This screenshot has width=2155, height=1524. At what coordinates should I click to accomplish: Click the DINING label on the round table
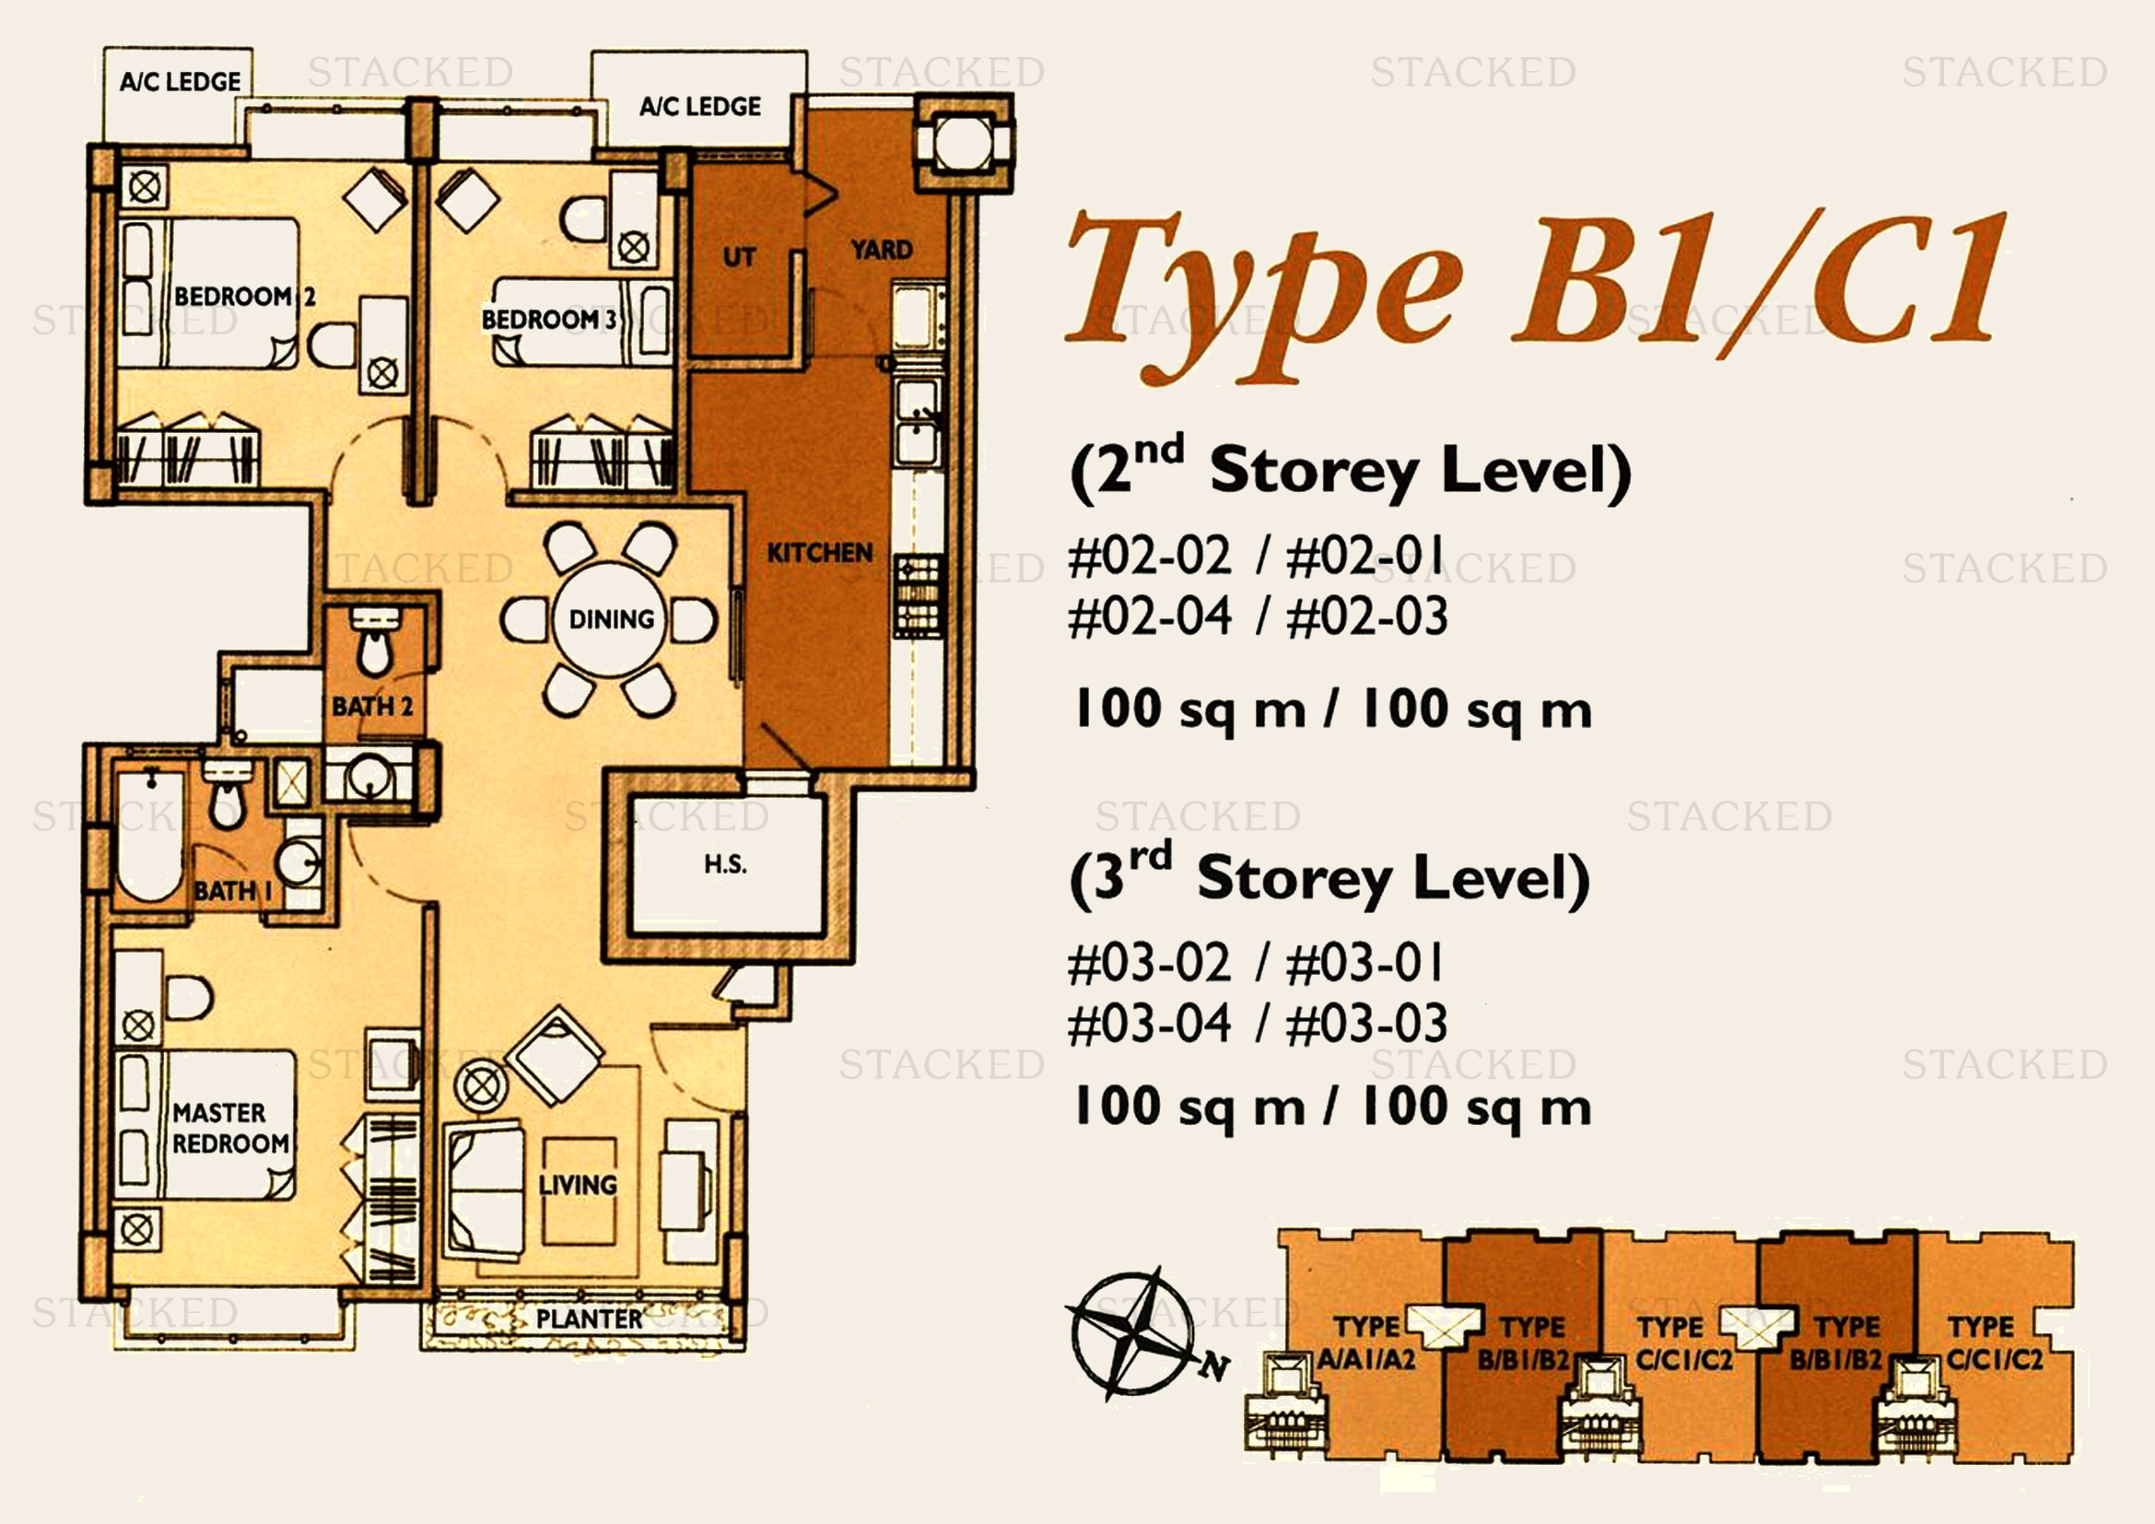pos(611,619)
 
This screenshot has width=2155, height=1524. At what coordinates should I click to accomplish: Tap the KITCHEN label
pos(819,553)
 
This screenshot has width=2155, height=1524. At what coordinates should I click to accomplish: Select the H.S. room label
pos(725,863)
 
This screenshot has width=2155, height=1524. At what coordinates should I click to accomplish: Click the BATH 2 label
pos(372,706)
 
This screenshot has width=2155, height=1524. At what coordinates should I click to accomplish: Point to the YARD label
pos(882,250)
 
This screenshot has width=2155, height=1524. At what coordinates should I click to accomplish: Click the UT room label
pos(739,256)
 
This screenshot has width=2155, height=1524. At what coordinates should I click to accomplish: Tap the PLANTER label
pos(590,1319)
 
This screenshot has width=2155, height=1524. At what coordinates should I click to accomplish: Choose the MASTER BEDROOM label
pos(231,1128)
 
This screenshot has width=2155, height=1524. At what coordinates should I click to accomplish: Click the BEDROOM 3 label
pos(549,319)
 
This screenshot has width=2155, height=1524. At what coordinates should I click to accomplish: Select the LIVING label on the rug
pos(579,1184)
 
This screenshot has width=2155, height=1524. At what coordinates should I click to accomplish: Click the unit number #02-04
pos(1150,615)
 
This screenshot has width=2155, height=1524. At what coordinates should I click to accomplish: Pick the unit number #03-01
pos(1365,963)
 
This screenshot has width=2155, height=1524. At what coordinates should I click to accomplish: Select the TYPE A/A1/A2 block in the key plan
pos(1365,1342)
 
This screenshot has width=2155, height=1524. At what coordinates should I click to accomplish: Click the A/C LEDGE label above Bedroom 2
pos(181,82)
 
